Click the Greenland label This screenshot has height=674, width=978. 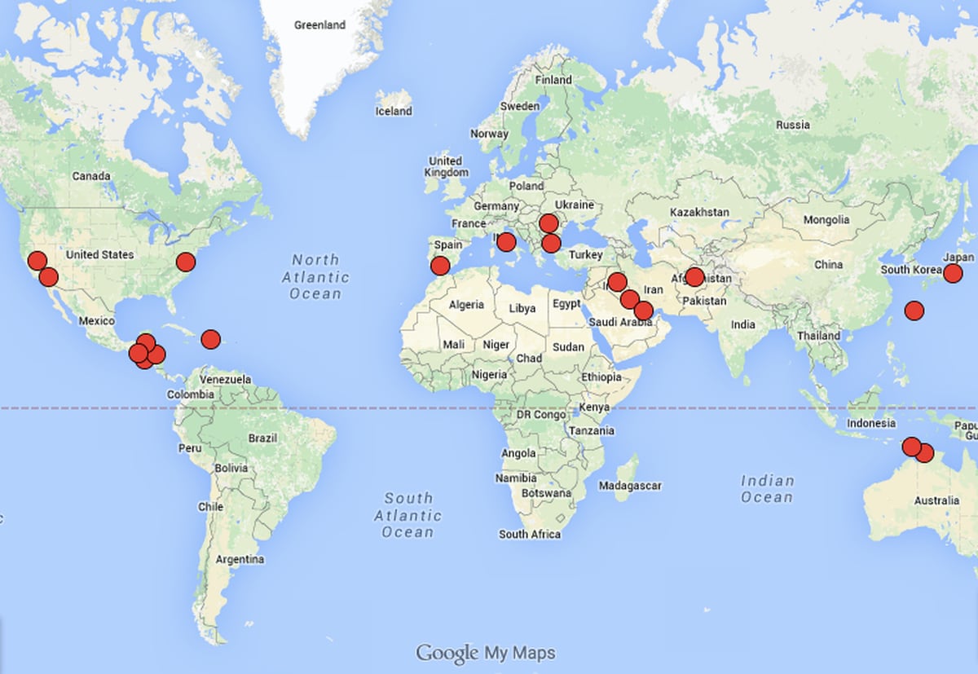pos(319,25)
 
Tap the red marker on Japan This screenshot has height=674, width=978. pos(953,273)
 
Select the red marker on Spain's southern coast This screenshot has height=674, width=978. pos(440,266)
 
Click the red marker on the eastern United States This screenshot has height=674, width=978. pos(186,262)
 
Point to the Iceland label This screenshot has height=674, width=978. pos(394,111)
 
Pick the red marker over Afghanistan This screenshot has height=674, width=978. pos(694,276)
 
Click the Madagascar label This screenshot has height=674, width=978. pos(630,486)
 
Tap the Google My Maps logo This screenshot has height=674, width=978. pos(486,653)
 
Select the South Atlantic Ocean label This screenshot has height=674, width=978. pos(407,515)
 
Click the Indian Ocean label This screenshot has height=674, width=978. pos(767,489)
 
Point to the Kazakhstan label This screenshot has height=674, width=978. pos(699,212)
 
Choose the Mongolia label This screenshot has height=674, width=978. pos(826,220)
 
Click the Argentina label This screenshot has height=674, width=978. pos(240,560)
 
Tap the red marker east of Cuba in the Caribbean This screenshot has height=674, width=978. pos(210,339)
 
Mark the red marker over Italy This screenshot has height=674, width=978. pos(506,241)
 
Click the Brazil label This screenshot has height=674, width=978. pos(262,438)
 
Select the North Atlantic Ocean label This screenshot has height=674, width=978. pos(315,276)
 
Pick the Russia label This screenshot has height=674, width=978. pos(792,125)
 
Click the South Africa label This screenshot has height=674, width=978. pos(530,535)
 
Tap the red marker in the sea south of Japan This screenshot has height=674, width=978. pos(914,310)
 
